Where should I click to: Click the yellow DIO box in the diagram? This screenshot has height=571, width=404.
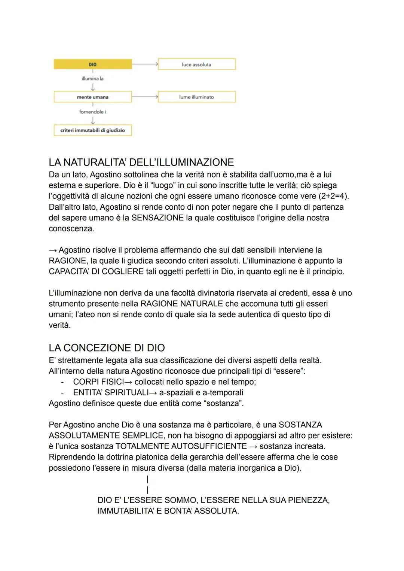pyautogui.click(x=92, y=64)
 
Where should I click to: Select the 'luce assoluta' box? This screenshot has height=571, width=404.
pyautogui.click(x=197, y=64)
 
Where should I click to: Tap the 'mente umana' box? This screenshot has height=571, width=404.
pyautogui.click(x=92, y=97)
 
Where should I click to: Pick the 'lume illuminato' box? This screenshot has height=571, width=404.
pyautogui.click(x=197, y=97)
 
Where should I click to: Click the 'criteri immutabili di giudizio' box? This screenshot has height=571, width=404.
pyautogui.click(x=92, y=130)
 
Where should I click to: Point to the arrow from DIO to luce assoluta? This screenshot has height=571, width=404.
pyautogui.click(x=145, y=64)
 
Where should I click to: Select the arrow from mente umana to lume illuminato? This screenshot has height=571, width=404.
pyautogui.click(x=145, y=97)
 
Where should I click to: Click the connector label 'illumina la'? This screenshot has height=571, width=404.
pyautogui.click(x=92, y=79)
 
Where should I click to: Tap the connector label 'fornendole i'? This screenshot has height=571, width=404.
pyautogui.click(x=92, y=112)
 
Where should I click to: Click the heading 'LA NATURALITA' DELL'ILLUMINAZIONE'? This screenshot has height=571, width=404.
pyautogui.click(x=141, y=162)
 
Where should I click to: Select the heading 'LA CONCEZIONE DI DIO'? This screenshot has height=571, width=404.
pyautogui.click(x=107, y=348)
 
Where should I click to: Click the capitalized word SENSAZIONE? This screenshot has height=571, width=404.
pyautogui.click(x=157, y=218)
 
